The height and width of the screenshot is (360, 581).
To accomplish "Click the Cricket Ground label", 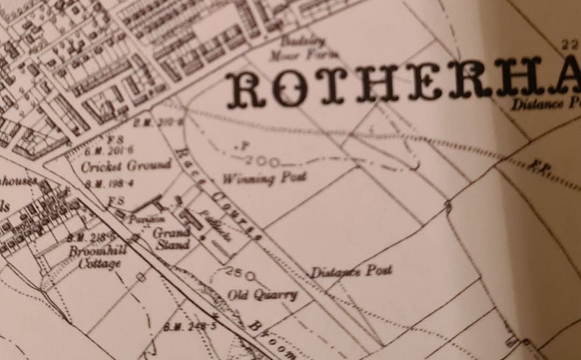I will click(x=126, y=167).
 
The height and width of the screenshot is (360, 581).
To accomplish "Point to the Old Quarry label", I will click(x=262, y=295).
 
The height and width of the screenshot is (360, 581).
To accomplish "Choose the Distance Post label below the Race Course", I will click(x=351, y=271).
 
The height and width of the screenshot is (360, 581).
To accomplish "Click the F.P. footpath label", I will click(x=534, y=167).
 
